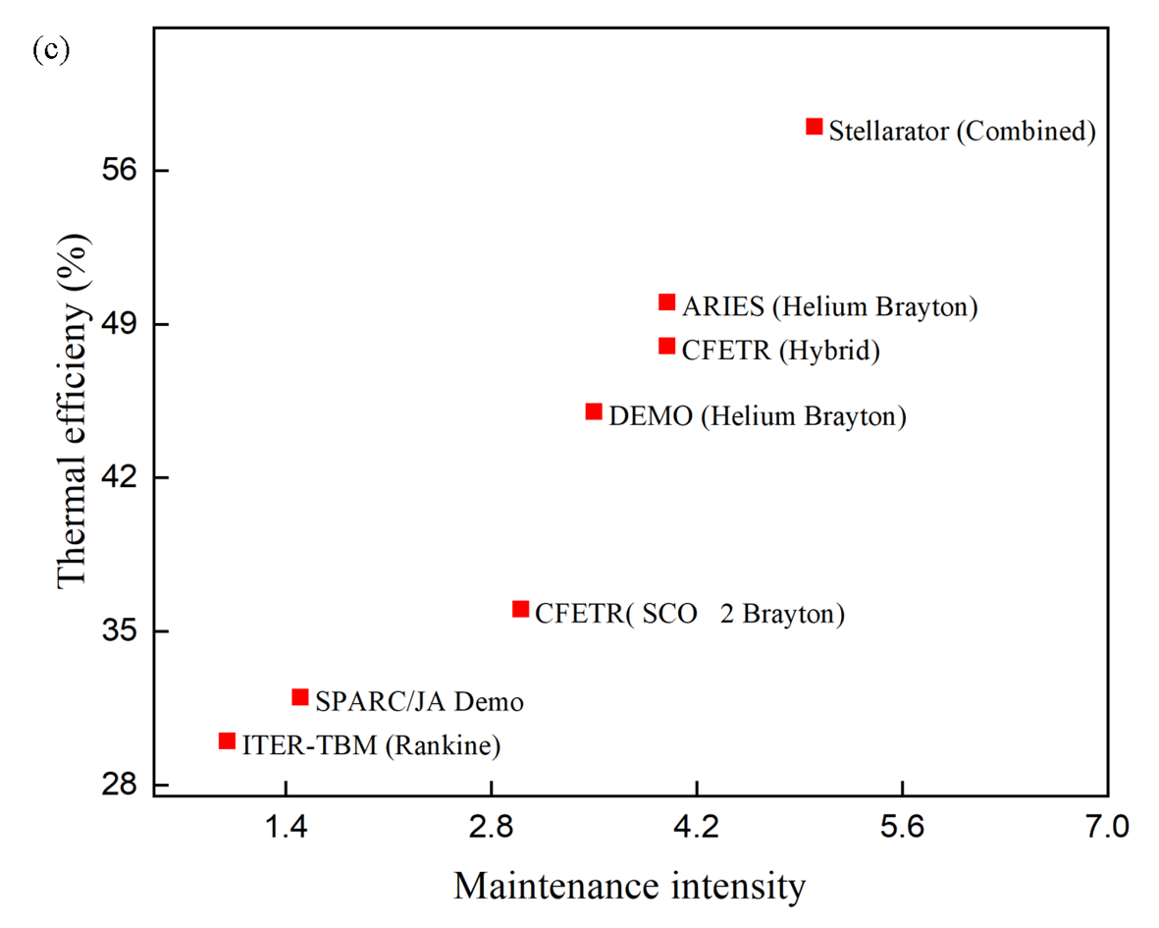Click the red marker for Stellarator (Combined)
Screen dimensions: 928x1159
814,127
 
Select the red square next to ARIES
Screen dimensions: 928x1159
667,302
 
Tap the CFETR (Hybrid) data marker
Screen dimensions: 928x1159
667,346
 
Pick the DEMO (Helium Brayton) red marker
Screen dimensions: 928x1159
594,411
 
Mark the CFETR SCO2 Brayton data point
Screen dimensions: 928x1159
521,610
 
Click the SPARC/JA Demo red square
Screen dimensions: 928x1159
300,697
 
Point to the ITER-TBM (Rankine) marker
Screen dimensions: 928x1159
227,741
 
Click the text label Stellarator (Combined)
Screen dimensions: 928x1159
962,131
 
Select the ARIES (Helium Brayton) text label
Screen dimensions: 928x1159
830,306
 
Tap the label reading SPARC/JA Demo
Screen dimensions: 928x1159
420,702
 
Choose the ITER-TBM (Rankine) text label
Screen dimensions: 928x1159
372,745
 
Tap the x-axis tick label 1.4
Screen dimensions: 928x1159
286,827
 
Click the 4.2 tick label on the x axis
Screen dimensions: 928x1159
696,827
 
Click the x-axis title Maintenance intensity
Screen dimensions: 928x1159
629,887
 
